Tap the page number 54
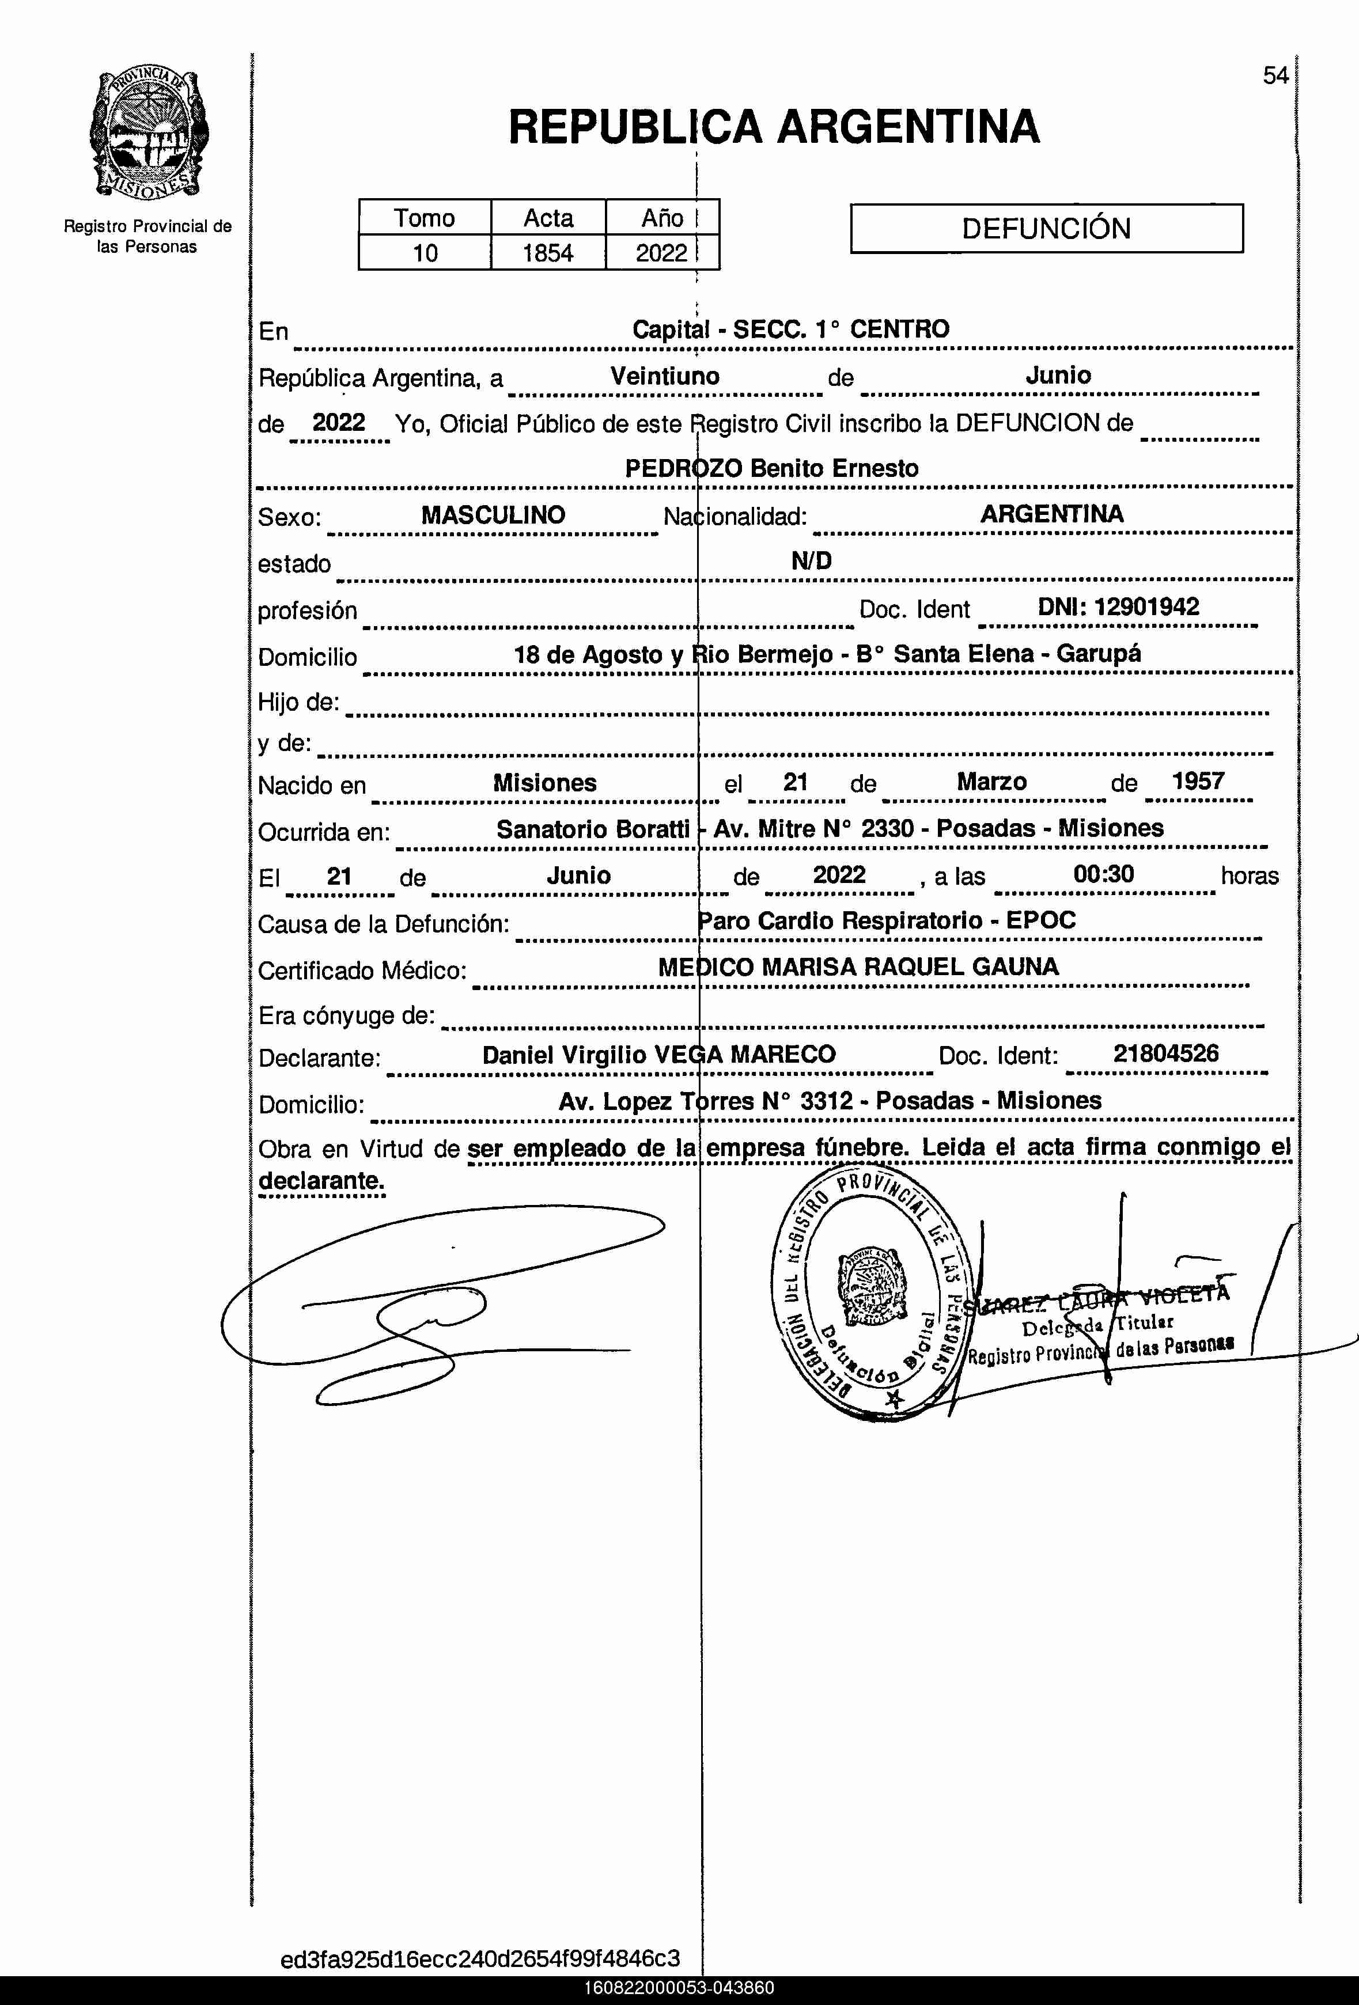1275,76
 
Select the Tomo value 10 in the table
425,253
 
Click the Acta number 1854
548,253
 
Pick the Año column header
662,218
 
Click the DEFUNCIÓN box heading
1046,229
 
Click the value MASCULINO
493,515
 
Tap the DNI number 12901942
1146,607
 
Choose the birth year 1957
1198,782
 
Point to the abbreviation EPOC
1040,920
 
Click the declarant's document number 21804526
1165,1053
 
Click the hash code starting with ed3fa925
480,1958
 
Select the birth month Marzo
991,782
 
